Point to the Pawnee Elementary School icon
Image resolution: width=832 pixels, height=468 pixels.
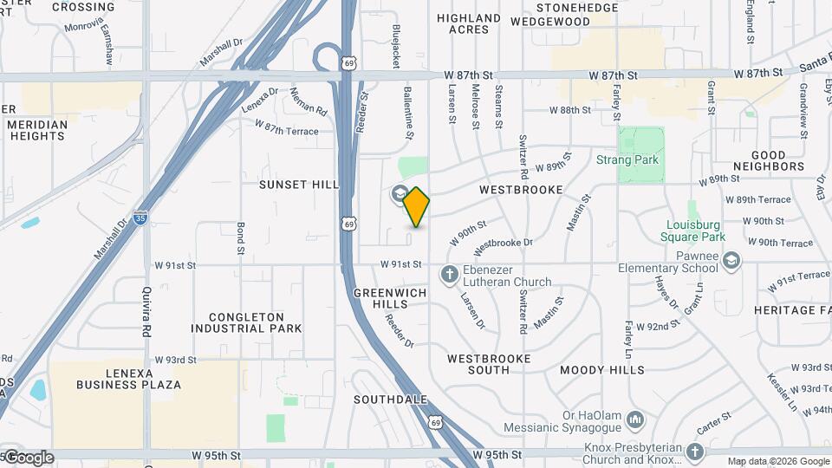pyautogui.click(x=731, y=260)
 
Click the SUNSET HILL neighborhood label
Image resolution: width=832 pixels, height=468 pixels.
pyautogui.click(x=298, y=185)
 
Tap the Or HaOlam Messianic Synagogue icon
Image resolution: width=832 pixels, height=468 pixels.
pyautogui.click(x=635, y=420)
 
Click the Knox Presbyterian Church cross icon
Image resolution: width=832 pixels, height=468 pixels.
pyautogui.click(x=694, y=452)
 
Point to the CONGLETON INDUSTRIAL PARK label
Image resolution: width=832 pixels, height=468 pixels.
pyautogui.click(x=247, y=322)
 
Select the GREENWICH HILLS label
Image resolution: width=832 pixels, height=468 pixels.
pyautogui.click(x=390, y=298)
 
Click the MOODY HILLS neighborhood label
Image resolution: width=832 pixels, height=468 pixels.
pyautogui.click(x=601, y=370)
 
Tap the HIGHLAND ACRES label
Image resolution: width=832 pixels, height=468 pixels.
pyautogui.click(x=469, y=23)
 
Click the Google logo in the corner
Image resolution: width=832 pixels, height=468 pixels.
pyautogui.click(x=28, y=458)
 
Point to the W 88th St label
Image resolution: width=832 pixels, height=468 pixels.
pyautogui.click(x=570, y=110)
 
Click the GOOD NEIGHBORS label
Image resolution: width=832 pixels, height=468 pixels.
pyautogui.click(x=768, y=159)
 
